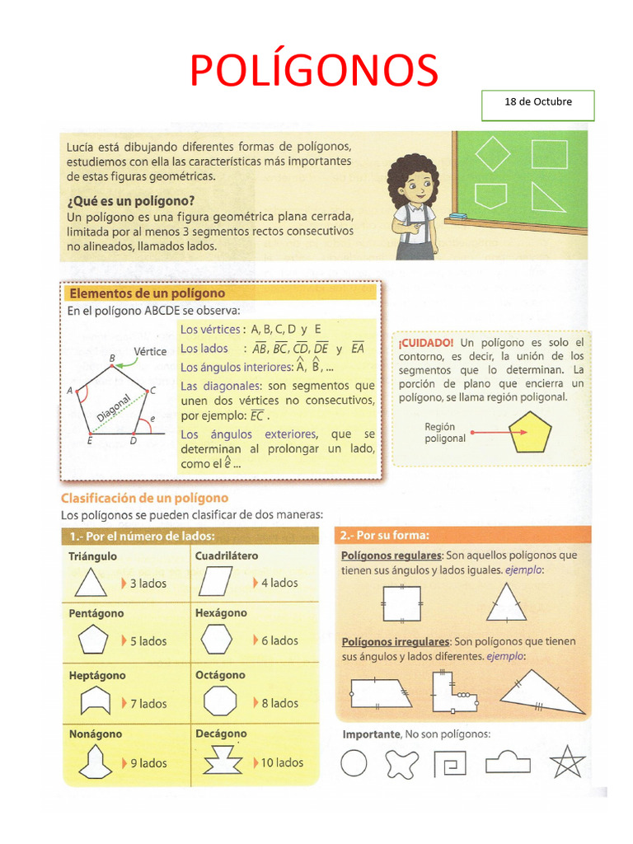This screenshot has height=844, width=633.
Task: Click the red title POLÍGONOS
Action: tap(313, 70)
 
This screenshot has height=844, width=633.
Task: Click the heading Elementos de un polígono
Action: tap(147, 293)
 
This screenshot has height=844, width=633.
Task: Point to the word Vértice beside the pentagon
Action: tap(150, 351)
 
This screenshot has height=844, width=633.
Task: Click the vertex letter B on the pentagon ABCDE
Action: tap(112, 359)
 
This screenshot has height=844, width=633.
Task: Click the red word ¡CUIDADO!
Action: tap(425, 342)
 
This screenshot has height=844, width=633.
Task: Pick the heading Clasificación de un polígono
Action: tap(145, 498)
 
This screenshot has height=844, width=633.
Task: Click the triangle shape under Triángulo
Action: tap(91, 584)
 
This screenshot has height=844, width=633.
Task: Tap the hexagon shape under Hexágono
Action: tap(218, 640)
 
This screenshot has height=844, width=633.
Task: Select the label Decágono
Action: tap(221, 734)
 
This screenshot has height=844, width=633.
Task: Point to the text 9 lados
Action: tap(148, 763)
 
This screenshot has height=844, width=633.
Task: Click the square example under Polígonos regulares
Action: tap(401, 603)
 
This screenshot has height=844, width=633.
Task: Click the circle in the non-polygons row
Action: tap(354, 764)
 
